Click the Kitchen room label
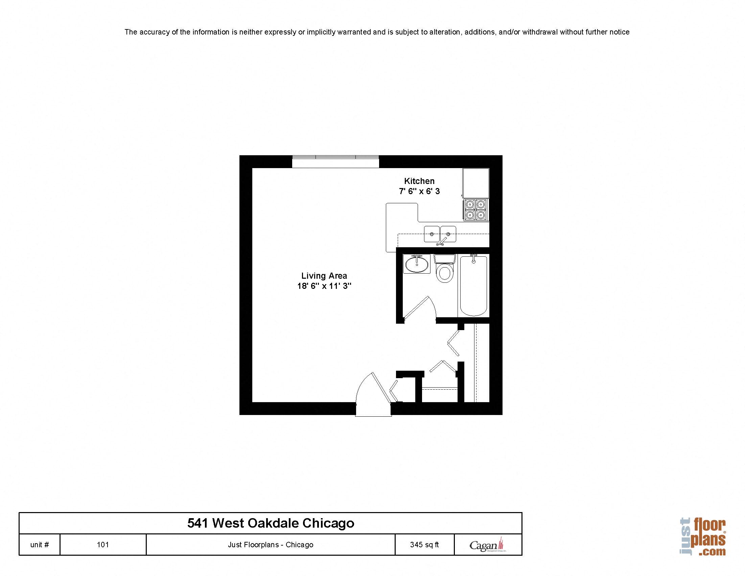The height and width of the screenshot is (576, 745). coord(419,181)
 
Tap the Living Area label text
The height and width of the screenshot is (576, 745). coord(324,276)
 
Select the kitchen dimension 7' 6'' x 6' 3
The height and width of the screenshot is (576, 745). coord(419,191)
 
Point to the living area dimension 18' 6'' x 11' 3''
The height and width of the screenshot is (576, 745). coord(324,286)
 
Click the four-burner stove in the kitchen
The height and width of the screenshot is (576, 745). coord(475,210)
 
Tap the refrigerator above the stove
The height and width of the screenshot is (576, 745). coord(475,183)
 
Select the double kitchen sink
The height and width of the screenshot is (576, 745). coord(440,234)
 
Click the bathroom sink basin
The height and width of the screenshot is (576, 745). coord(417,264)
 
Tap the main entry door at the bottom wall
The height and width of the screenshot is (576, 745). coord(374,396)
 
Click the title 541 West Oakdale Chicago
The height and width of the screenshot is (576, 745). coord(271,523)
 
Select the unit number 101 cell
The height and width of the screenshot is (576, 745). coord(103,545)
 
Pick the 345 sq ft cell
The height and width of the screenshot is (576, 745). coord(424,545)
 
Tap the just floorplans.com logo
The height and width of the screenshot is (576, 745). coord(703,537)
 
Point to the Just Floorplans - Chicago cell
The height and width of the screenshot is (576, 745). coord(271,545)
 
